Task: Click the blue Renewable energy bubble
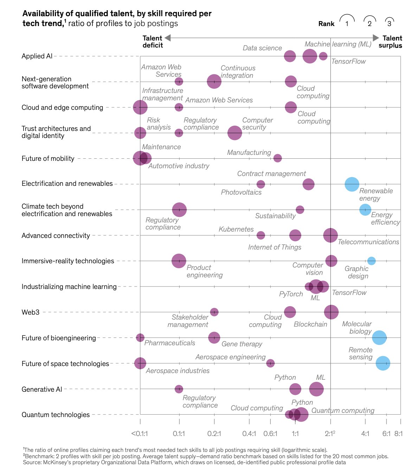[x=352, y=184]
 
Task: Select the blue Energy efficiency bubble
[x=365, y=210]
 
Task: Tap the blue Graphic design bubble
[x=371, y=261]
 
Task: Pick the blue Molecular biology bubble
[x=379, y=338]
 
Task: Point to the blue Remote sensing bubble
[x=383, y=363]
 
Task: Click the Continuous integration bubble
[x=214, y=82]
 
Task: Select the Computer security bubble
[x=235, y=133]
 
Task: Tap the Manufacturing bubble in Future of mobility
[x=277, y=158]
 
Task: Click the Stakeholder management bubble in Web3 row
[x=214, y=312]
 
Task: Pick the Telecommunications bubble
[x=331, y=235]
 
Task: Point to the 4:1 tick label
[x=365, y=434]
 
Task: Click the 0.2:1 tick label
[x=214, y=434]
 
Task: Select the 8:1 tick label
[x=398, y=434]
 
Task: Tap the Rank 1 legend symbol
[x=347, y=21]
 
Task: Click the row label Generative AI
[x=42, y=389]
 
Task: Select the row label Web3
[x=31, y=312]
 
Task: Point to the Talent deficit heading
[x=153, y=42]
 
